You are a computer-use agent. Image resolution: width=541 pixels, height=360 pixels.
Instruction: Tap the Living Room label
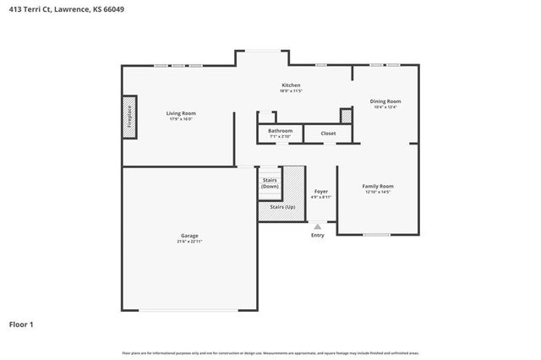181,113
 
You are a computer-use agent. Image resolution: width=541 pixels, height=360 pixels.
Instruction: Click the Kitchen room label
291,85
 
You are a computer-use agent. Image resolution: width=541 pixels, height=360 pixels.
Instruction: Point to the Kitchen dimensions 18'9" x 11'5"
291,90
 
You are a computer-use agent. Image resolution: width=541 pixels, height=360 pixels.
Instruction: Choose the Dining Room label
385,101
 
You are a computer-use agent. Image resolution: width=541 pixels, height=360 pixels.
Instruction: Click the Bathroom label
280,130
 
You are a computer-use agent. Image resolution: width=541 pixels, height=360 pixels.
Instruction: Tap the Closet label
328,133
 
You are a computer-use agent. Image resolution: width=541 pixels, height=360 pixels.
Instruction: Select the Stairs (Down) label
270,183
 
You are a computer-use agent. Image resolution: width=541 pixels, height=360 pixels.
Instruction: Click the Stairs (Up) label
282,206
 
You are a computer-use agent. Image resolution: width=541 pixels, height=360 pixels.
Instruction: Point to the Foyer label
321,191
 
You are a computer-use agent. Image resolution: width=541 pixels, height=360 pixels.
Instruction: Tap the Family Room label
378,185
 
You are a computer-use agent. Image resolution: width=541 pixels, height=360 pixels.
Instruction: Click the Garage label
189,236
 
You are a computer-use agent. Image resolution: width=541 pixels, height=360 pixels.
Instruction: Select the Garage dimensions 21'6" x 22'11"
189,242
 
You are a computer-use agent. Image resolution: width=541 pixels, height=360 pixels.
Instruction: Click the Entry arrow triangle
317,226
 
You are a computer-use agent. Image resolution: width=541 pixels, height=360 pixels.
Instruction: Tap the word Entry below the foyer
317,235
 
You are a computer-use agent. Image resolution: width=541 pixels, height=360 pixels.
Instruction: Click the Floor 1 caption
21,324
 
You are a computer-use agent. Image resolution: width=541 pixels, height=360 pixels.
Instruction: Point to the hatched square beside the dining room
346,117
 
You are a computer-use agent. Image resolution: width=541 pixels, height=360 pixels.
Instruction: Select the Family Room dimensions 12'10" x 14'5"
378,192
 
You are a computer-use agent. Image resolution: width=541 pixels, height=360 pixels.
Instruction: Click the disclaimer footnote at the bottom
270,352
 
